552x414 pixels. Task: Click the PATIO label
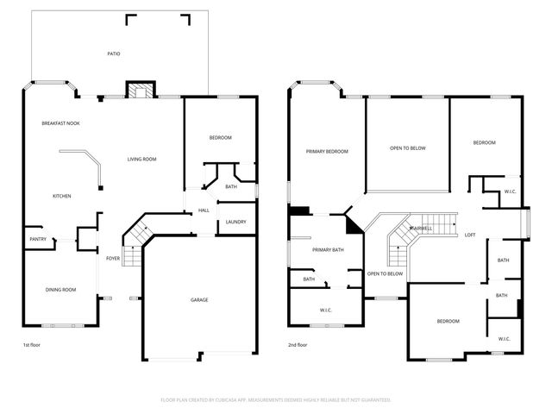click(113, 53)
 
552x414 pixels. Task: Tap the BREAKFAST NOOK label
click(61, 123)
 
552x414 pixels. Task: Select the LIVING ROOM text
click(141, 159)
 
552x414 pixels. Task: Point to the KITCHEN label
click(61, 196)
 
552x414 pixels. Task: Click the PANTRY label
click(38, 239)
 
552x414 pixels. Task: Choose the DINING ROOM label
click(60, 289)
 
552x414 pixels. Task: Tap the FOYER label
click(113, 258)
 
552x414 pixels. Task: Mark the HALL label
click(204, 210)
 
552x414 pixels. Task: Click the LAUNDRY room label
click(235, 222)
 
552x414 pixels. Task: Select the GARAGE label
click(199, 299)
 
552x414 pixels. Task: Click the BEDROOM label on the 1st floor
click(220, 138)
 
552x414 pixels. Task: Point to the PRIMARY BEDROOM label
click(327, 151)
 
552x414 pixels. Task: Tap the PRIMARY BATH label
click(328, 249)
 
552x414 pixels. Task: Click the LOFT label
click(470, 235)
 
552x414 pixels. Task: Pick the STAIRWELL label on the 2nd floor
click(420, 228)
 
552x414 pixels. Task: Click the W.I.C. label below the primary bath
click(326, 310)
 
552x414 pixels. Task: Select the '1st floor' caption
click(31, 345)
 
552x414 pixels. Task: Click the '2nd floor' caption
click(297, 345)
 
